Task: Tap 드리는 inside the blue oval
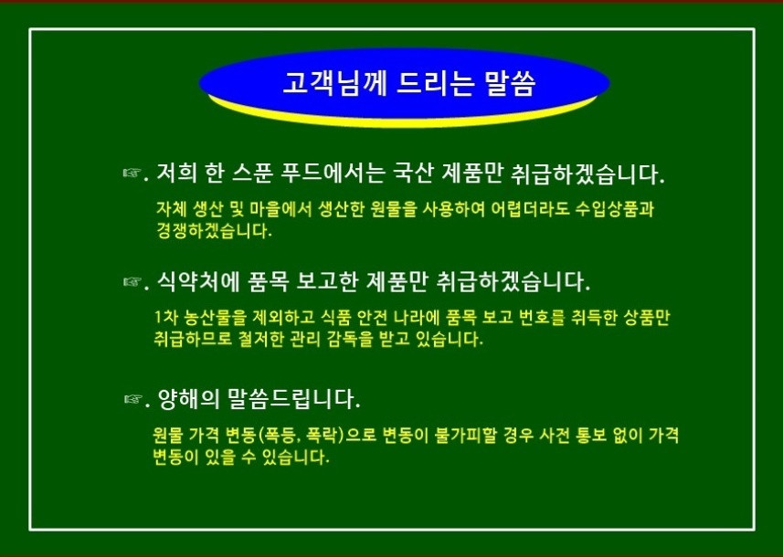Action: tap(435, 83)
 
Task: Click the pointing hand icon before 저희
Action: tap(132, 173)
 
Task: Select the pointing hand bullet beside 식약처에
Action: tap(132, 281)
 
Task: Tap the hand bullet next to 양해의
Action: tap(132, 398)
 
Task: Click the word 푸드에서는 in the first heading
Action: tap(333, 173)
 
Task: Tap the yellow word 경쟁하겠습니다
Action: tap(215, 231)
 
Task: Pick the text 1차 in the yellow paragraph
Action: tap(164, 318)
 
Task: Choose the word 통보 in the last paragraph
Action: tap(591, 436)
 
